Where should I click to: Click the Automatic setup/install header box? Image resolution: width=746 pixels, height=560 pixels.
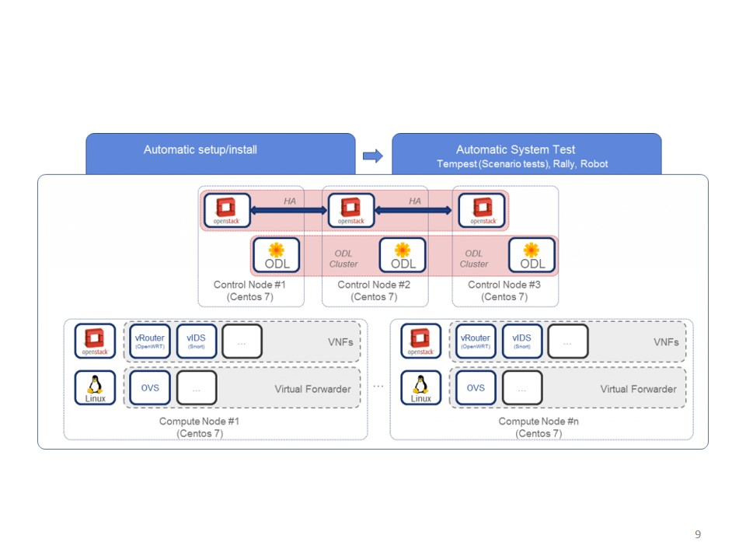220,153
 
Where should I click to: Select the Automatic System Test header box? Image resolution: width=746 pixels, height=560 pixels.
526,154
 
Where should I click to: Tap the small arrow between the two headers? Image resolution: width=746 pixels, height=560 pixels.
373,156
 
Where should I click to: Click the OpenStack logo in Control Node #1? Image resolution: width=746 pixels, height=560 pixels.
226,210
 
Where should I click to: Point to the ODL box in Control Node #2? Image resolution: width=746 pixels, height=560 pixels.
403,255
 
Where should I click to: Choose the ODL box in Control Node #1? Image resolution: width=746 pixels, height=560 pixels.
277,255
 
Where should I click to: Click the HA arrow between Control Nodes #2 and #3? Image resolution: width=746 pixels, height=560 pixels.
413,210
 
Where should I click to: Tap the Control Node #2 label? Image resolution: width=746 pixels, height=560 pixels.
374,291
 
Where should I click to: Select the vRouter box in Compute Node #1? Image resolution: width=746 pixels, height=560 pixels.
150,341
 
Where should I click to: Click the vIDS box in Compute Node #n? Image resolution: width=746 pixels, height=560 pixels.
521,341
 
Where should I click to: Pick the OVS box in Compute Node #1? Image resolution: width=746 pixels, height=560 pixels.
150,387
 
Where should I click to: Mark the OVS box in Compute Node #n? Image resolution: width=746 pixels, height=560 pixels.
476,387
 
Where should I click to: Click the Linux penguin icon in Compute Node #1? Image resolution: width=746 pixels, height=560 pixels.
96,387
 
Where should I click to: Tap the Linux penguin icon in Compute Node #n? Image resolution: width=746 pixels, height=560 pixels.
421,387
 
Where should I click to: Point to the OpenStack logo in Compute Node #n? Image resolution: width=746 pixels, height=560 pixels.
421,341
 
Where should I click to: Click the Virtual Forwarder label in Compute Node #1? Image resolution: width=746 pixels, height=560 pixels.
312,389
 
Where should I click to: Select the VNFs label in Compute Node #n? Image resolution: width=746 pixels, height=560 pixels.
666,342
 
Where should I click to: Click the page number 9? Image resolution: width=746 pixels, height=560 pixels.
698,534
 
